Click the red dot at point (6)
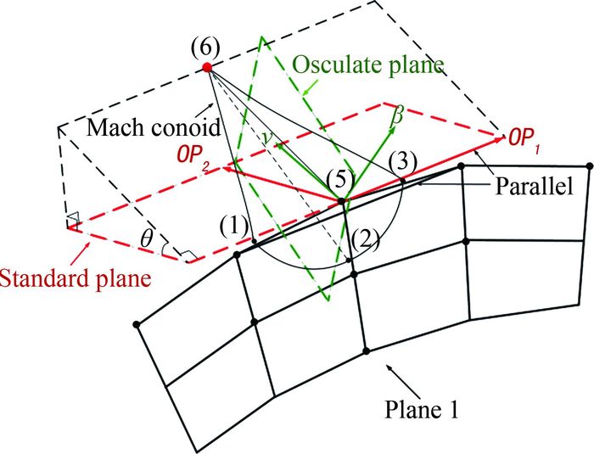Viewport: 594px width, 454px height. (x=207, y=65)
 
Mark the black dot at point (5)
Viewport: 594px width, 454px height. (x=343, y=201)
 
